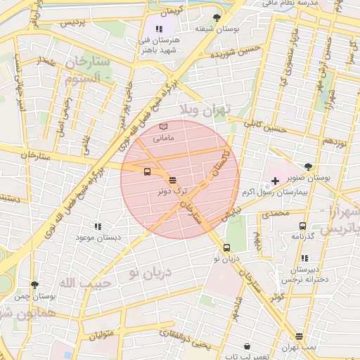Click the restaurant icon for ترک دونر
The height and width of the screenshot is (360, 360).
click(x=173, y=180)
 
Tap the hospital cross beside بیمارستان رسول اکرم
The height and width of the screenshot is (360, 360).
click(x=275, y=181)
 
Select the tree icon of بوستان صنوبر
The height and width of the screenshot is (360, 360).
click(x=309, y=167)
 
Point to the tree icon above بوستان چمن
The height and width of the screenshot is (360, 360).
click(x=34, y=285)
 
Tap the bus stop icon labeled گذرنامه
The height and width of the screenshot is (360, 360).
click(x=302, y=226)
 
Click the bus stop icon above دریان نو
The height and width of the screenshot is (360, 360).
click(x=226, y=247)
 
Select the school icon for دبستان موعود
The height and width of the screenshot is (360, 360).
click(x=98, y=226)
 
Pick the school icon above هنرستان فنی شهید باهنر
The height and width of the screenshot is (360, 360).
click(x=159, y=29)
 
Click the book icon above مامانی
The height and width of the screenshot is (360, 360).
click(x=164, y=127)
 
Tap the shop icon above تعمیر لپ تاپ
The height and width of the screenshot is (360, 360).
click(x=247, y=346)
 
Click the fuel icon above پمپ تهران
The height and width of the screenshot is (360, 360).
click(x=300, y=336)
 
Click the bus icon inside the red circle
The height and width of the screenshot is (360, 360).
click(x=147, y=172)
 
